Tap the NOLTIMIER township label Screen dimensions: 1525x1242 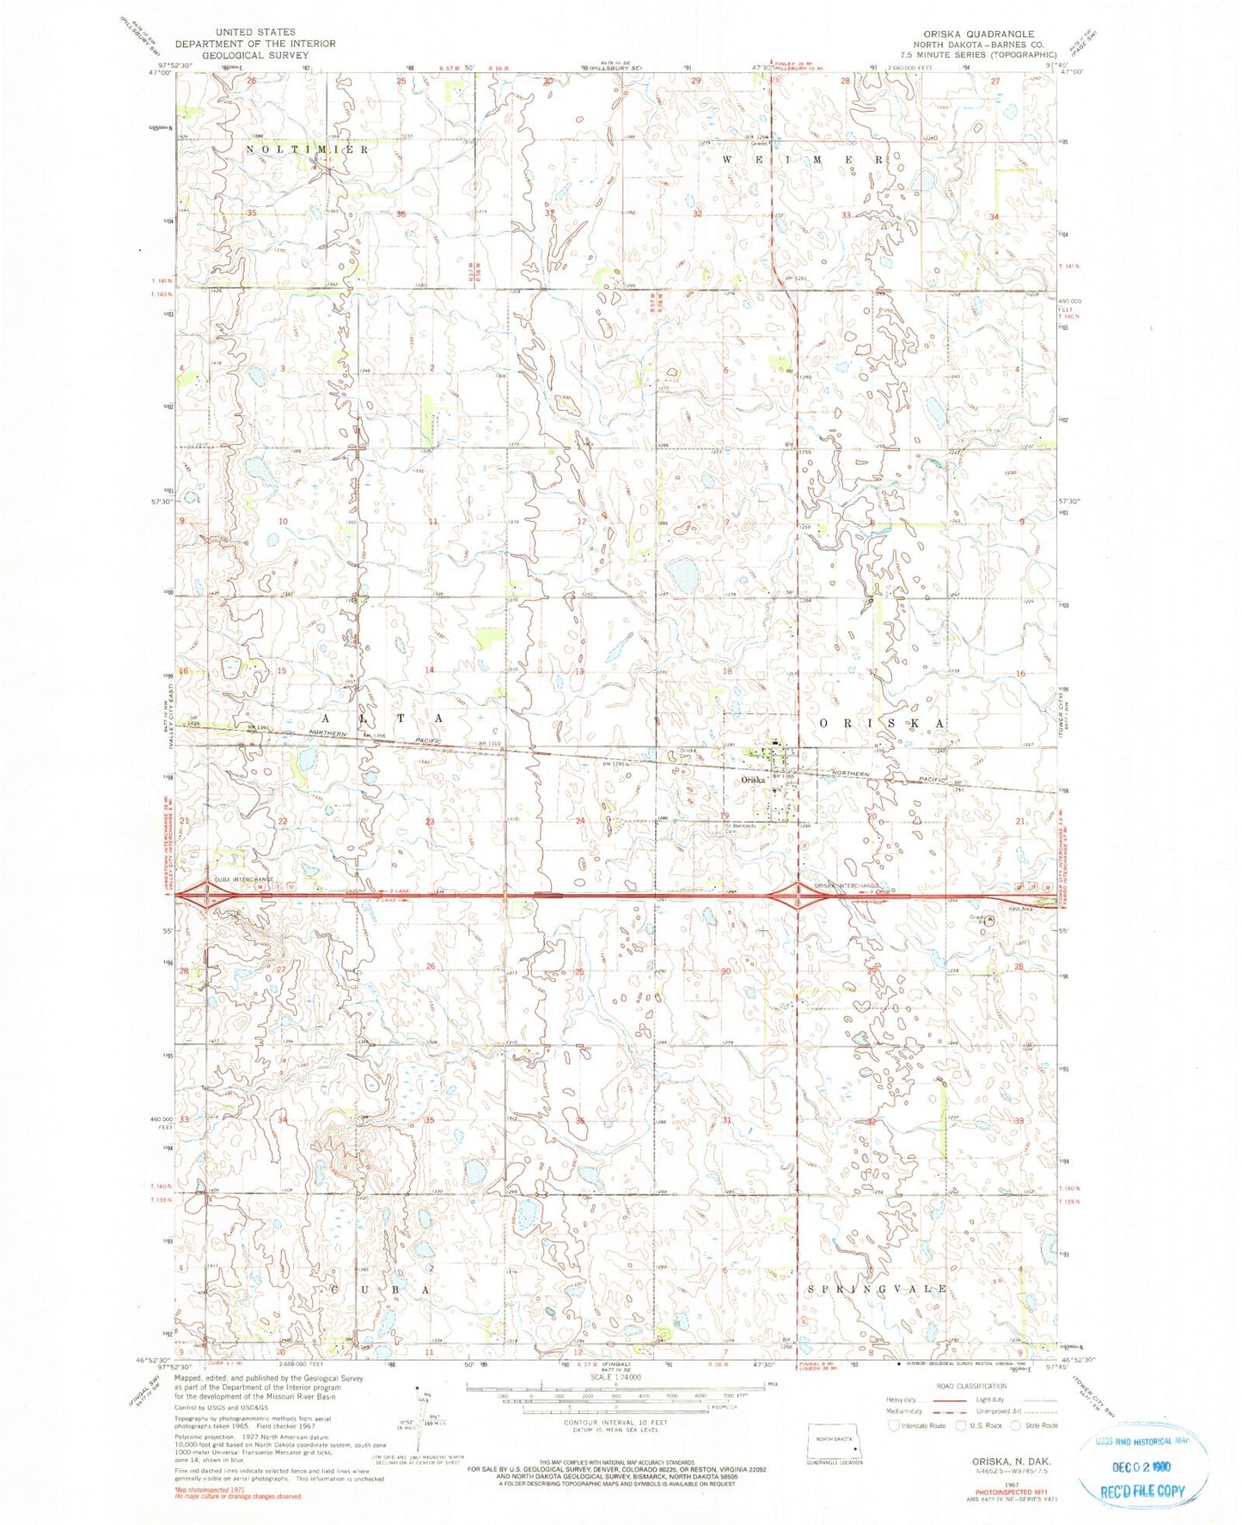pos(308,150)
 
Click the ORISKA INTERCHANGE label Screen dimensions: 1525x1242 pos(847,885)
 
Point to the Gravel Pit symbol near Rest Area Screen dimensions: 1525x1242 pos(989,920)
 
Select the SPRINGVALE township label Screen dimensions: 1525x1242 pos(878,1289)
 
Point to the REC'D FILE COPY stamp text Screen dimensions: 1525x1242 pos(1142,1491)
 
